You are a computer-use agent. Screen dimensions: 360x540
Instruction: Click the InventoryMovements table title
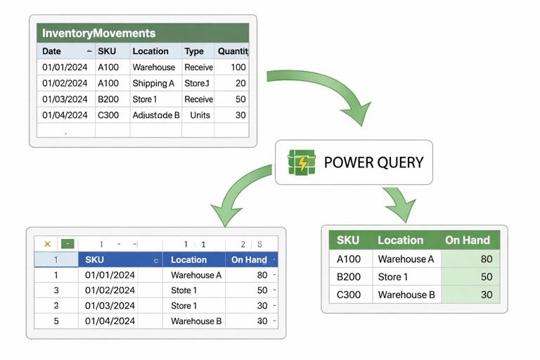point(98,33)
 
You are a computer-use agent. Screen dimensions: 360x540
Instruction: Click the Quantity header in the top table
point(233,51)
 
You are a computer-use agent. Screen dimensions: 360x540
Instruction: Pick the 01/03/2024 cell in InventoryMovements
point(65,99)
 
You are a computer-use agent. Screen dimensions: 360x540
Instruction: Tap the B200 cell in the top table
point(108,99)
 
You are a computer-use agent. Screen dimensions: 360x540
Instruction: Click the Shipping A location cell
point(153,83)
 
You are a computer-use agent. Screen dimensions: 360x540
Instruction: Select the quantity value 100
point(238,67)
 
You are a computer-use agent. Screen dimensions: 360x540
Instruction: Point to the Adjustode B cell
point(156,115)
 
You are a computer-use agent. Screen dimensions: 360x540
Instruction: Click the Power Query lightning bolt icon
point(302,162)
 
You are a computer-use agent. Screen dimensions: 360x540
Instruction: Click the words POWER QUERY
point(373,162)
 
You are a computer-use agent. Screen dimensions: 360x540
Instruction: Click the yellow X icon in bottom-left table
point(47,244)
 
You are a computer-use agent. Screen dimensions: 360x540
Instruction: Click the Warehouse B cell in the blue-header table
point(196,321)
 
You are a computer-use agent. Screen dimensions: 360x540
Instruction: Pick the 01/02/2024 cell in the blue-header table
point(110,290)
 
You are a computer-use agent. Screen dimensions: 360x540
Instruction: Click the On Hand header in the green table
point(467,240)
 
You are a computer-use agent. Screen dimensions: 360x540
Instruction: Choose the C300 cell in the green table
point(349,295)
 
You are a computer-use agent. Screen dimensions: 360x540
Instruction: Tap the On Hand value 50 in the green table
point(484,277)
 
